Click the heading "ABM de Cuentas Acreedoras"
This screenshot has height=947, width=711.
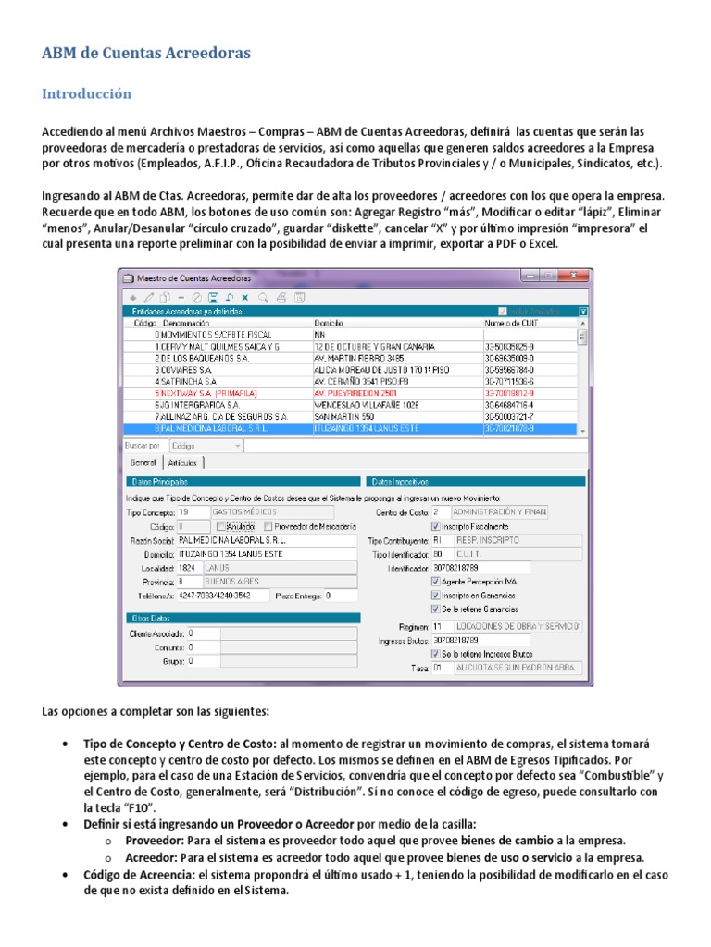[x=146, y=54]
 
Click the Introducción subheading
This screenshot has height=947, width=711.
[x=86, y=94]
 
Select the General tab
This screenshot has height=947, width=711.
[x=143, y=462]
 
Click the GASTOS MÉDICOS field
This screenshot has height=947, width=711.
[x=271, y=511]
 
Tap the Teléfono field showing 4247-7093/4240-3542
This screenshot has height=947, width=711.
[x=222, y=596]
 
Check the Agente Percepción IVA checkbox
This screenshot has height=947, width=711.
[x=436, y=582]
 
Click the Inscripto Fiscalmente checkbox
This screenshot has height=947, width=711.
[x=436, y=526]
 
